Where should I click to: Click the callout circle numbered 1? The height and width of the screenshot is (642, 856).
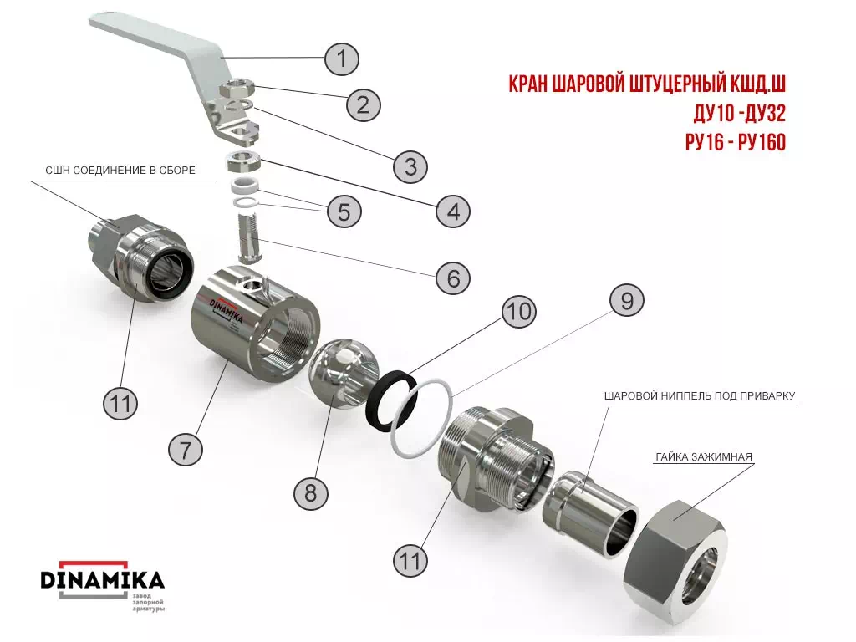[342, 58]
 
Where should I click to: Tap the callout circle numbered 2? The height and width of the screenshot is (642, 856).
[364, 104]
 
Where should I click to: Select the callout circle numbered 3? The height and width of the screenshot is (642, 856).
[410, 166]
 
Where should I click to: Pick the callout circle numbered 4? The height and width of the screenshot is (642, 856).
[453, 211]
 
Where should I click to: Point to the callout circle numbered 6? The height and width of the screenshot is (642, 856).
[453, 278]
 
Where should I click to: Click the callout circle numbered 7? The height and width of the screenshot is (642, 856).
[186, 450]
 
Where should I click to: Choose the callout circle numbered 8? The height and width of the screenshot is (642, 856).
[311, 493]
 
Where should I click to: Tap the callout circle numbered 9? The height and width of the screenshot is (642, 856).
[627, 301]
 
